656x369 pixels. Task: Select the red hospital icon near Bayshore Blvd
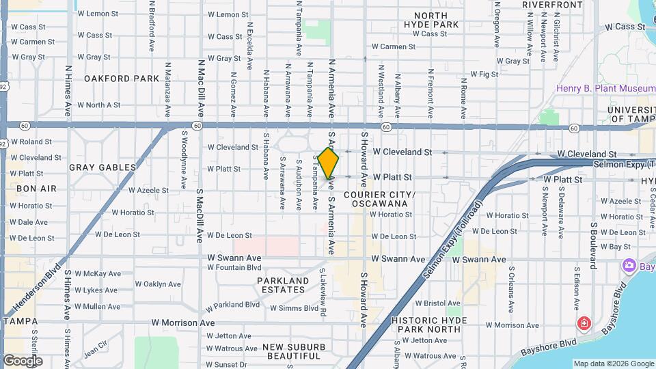[584, 323]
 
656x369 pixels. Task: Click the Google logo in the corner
[22, 360]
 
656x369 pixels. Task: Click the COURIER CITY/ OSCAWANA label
[379, 199]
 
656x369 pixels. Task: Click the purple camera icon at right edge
[629, 265]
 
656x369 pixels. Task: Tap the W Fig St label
[484, 74]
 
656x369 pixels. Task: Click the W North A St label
[98, 105]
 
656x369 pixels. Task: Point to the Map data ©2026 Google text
[613, 364]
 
